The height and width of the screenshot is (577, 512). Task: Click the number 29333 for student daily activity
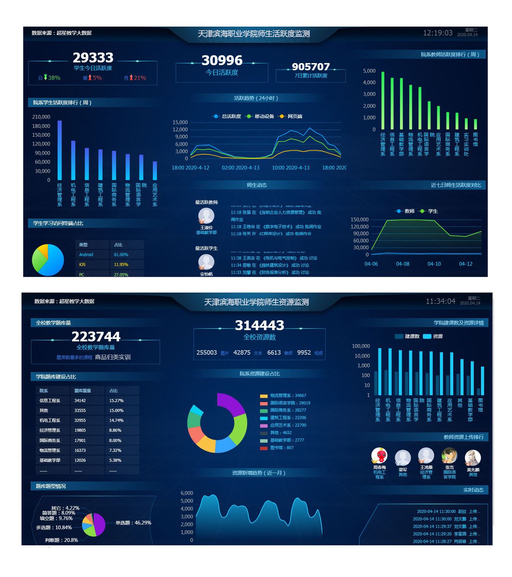click(x=93, y=57)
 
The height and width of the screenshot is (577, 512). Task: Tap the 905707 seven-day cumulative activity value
click(x=311, y=66)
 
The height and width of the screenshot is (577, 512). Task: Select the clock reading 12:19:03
click(x=438, y=33)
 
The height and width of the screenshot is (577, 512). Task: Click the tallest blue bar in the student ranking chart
click(x=60, y=150)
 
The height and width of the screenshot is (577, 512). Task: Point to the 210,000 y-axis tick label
click(x=41, y=117)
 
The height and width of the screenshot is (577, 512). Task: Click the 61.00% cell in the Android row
click(x=121, y=255)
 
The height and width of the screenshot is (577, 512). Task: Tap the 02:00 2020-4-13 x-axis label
click(x=240, y=168)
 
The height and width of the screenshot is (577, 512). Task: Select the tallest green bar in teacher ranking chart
click(x=383, y=100)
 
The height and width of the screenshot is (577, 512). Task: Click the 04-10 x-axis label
click(x=434, y=264)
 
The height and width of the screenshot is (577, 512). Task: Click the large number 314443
click(x=259, y=325)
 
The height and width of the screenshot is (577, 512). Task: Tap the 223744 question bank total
click(x=96, y=337)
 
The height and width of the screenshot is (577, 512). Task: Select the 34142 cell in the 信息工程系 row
click(x=80, y=401)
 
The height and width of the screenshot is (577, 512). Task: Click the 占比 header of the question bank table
click(x=114, y=391)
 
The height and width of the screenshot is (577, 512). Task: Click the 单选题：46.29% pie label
click(x=133, y=523)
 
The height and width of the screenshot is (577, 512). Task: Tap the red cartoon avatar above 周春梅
click(x=379, y=456)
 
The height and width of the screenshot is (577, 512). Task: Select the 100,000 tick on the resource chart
click(x=361, y=346)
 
